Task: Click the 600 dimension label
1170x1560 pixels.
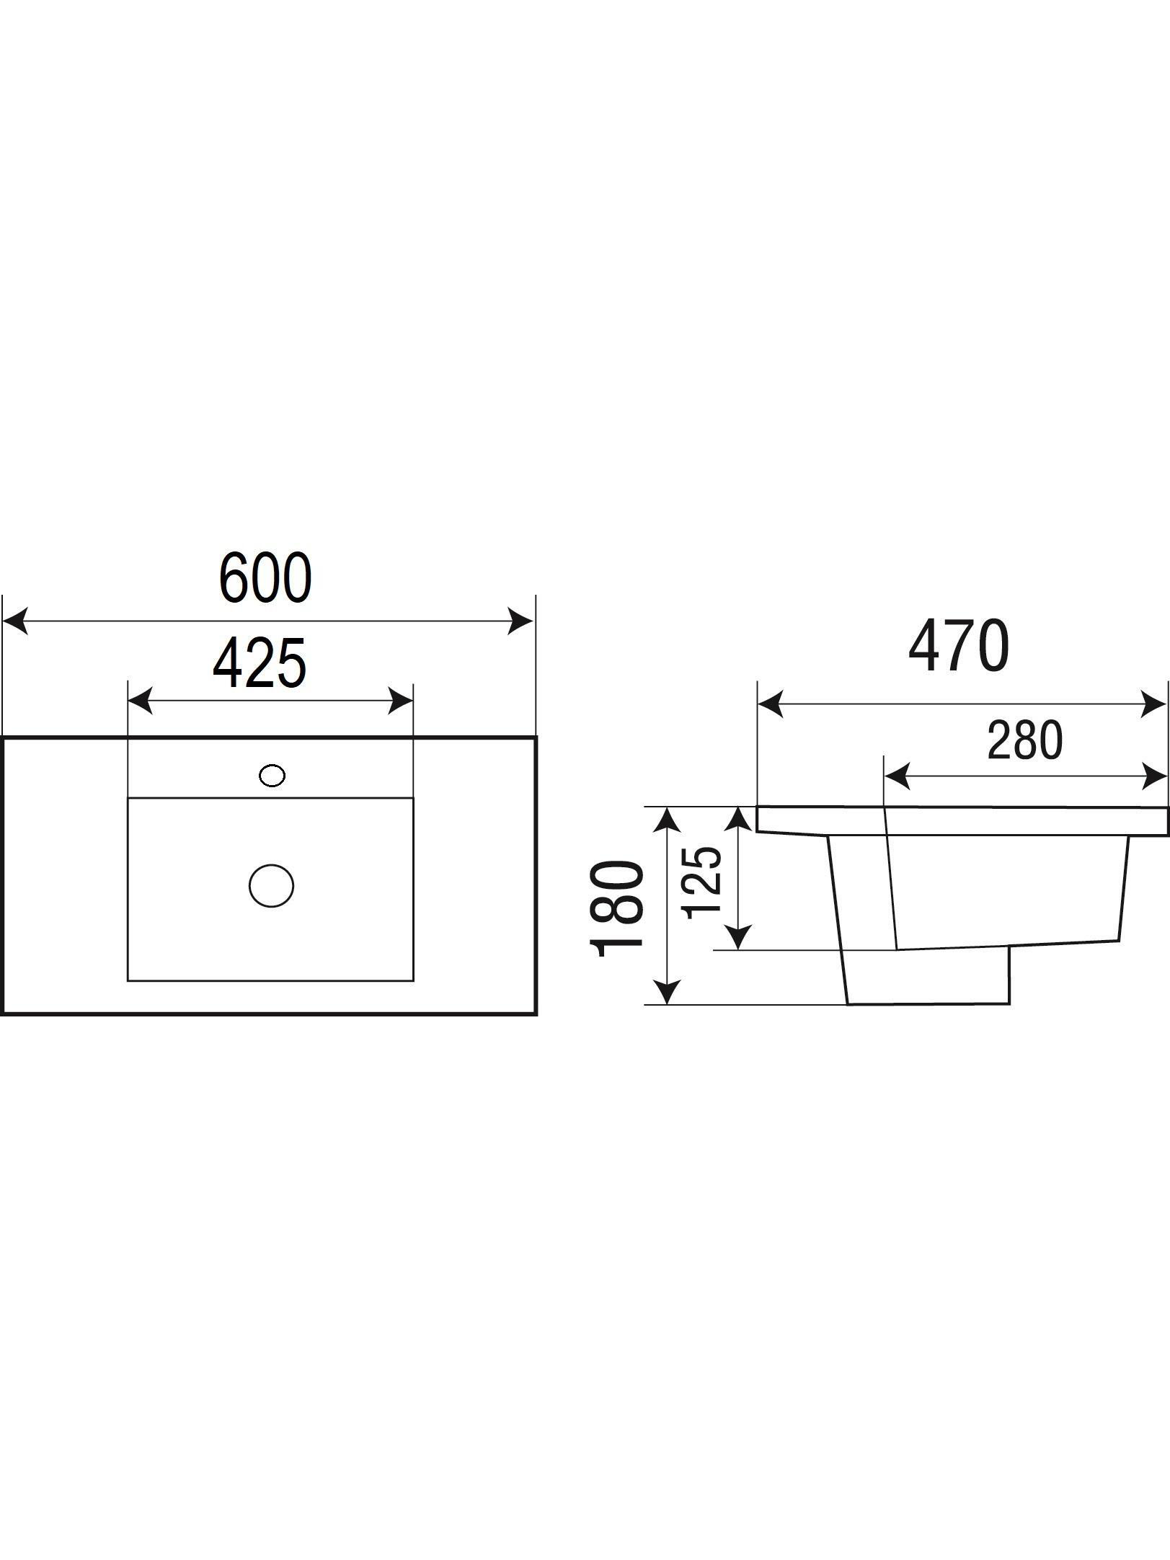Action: coord(265,578)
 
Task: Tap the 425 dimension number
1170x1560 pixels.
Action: coord(260,662)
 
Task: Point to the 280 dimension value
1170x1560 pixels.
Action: coord(1024,740)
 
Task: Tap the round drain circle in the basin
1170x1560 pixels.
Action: coord(271,886)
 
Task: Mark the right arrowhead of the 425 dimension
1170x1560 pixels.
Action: coord(401,700)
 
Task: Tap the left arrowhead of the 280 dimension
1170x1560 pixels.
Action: coord(897,776)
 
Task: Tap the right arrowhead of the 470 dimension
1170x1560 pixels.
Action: coord(1154,704)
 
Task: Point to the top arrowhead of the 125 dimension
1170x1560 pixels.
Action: coord(738,820)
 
